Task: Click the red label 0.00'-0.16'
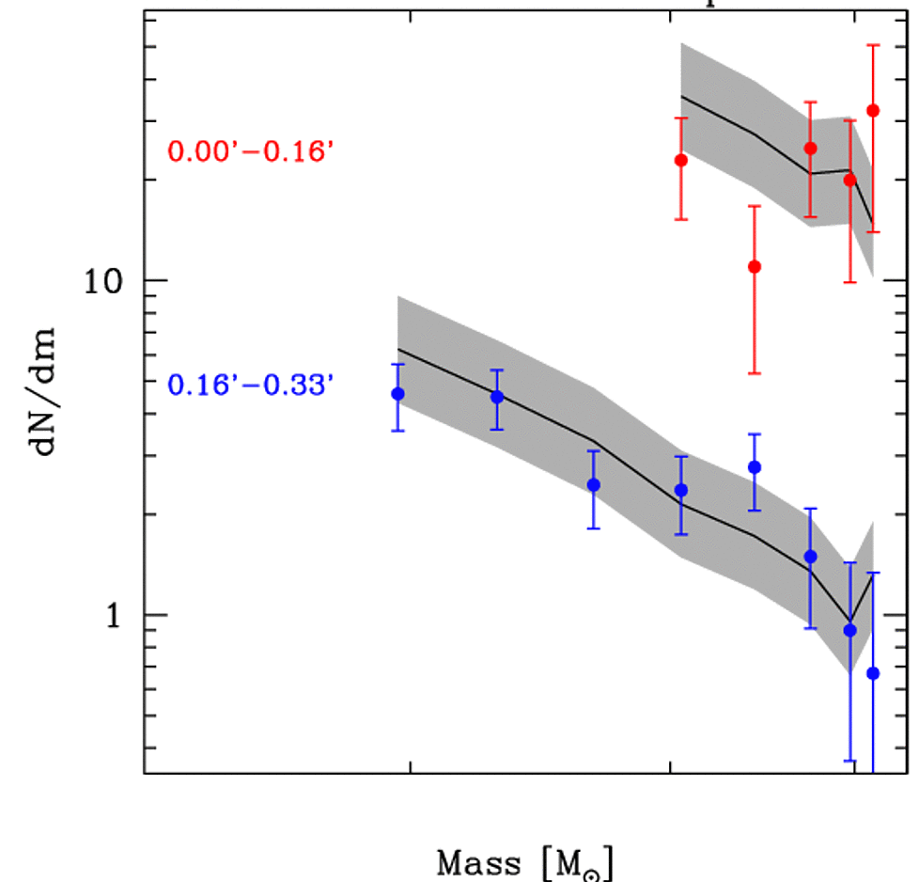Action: tap(251, 151)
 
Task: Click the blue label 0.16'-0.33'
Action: tap(251, 385)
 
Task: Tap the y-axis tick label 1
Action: tap(114, 614)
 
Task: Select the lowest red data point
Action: tap(754, 267)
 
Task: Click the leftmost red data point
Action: tap(680, 161)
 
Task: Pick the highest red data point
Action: tap(873, 111)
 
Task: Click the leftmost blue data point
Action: tap(397, 394)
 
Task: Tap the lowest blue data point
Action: tap(873, 673)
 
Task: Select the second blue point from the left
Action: tap(497, 397)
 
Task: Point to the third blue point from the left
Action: tap(594, 485)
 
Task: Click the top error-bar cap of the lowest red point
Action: tap(754, 206)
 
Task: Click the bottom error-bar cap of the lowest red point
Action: tap(754, 373)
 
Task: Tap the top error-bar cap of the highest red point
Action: tap(873, 45)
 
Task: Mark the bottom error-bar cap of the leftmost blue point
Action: tap(397, 430)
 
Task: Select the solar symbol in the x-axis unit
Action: tap(592, 869)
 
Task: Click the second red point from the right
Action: tap(850, 180)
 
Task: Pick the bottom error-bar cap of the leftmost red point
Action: tap(680, 219)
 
